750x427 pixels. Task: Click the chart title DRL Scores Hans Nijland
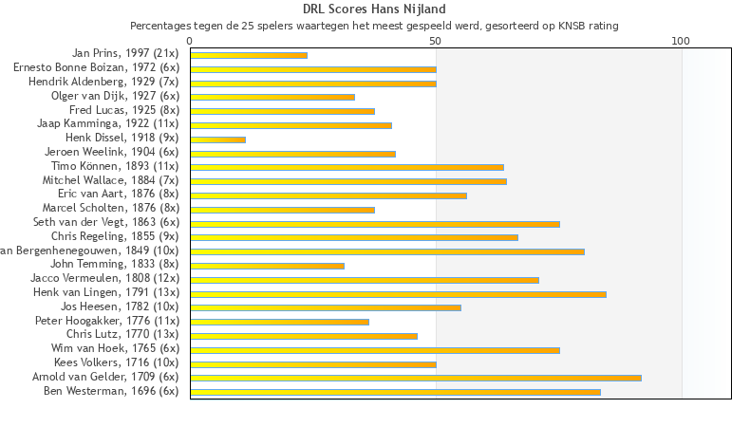tap(374, 9)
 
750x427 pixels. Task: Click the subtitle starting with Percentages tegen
tap(374, 26)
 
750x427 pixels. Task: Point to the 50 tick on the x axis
tap(435, 41)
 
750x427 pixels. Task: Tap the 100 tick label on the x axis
tap(681, 41)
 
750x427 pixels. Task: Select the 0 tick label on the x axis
tap(190, 41)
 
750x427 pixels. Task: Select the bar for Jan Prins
tap(249, 55)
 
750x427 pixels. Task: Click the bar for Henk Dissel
tap(217, 139)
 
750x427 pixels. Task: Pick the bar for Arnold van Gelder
tap(416, 378)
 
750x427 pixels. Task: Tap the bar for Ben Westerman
tap(395, 391)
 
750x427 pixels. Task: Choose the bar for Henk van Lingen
tap(398, 294)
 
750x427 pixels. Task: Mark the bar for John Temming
tap(267, 266)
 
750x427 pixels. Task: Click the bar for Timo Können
tap(347, 167)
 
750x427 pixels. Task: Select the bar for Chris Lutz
tap(304, 336)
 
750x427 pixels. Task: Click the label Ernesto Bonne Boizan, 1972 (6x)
tap(96, 68)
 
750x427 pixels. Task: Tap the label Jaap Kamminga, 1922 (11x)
tap(107, 124)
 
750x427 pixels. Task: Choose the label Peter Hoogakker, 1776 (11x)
tap(106, 321)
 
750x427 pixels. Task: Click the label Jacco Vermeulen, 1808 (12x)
tap(104, 278)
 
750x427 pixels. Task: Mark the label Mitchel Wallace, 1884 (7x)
tap(110, 180)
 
